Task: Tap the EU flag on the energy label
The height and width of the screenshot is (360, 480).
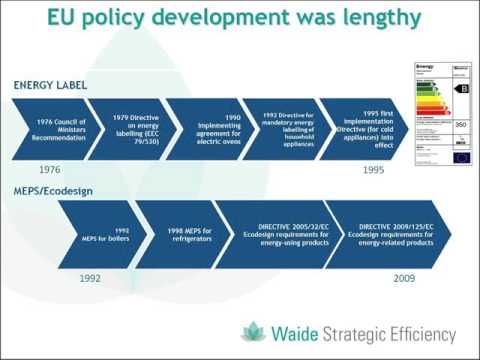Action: (461, 156)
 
